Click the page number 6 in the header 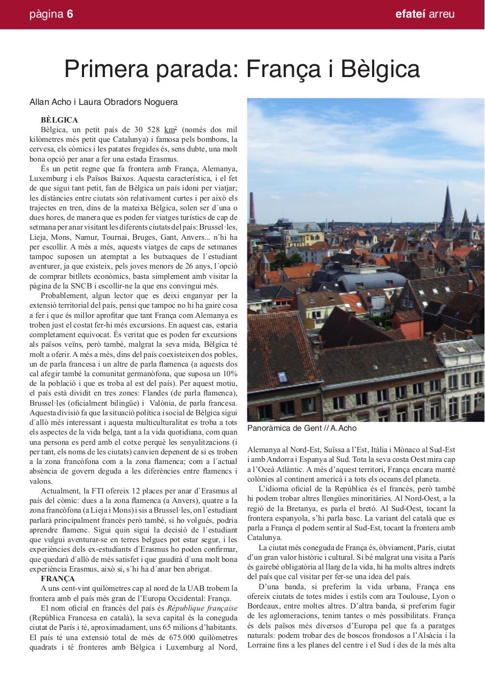[x=70, y=14]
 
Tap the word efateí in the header [x=410, y=14]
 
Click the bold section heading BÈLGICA [x=59, y=120]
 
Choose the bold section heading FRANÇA [x=58, y=579]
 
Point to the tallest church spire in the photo [x=448, y=206]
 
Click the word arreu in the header [x=442, y=14]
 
